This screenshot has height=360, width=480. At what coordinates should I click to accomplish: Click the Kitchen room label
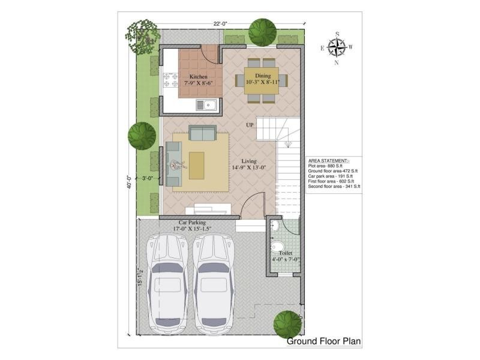pos(199,77)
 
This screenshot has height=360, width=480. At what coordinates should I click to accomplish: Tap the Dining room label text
pos(263,76)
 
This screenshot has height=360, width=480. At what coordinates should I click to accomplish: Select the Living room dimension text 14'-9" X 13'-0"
pos(249,167)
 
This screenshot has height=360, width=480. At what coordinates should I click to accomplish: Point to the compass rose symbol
pos(337,48)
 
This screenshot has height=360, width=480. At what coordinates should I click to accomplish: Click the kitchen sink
pos(206,105)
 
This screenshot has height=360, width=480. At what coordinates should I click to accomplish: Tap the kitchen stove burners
pos(170,80)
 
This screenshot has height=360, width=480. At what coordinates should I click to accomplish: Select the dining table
pos(262,81)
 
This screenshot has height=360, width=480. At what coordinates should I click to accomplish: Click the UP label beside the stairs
pos(250,125)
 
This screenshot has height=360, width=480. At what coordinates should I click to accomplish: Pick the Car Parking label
pos(192,223)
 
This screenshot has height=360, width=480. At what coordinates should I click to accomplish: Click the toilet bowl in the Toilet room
pos(277,247)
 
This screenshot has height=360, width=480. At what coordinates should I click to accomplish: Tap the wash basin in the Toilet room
pos(275,226)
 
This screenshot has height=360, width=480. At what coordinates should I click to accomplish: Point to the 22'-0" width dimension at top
pos(220,24)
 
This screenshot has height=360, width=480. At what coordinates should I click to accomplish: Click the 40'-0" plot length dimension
pos(130,182)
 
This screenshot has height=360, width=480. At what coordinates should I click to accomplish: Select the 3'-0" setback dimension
pos(148,178)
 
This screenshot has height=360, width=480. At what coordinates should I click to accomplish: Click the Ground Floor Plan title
pos(323,341)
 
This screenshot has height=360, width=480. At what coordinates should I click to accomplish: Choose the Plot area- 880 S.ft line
pos(325,166)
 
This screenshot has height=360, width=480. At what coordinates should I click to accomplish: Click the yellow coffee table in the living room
pos(197,166)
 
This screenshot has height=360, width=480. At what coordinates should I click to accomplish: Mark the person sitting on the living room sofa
pos(177,166)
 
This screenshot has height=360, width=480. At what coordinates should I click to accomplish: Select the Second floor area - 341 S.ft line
pos(334,187)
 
